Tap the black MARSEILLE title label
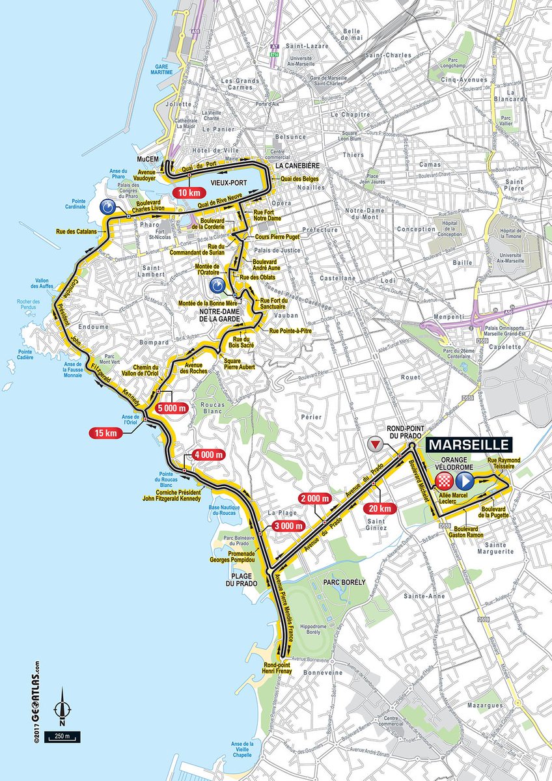[x=469, y=445]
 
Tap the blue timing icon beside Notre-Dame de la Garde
[x=217, y=286]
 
